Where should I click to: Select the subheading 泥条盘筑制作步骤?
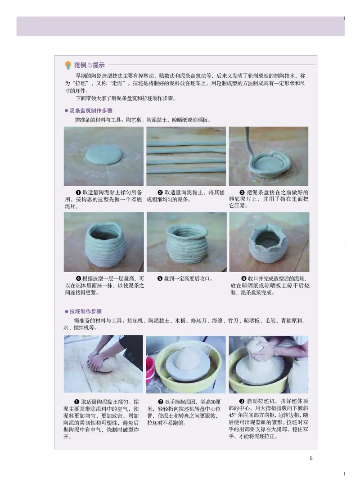click(x=90, y=111)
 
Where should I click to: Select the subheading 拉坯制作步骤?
click(x=86, y=311)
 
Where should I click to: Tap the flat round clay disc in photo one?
click(x=104, y=154)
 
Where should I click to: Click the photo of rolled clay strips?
click(x=186, y=156)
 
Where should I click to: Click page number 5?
click(x=311, y=458)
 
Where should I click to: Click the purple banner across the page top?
click(x=180, y=26)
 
